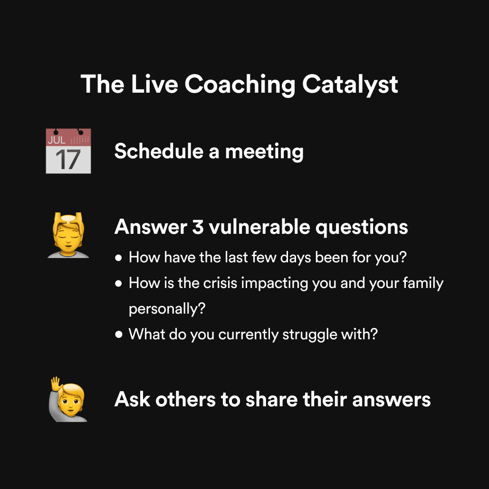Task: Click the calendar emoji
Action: tap(68, 151)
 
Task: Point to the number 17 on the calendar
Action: tap(68, 160)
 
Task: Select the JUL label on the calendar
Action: tap(57, 140)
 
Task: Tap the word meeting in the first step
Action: tap(264, 152)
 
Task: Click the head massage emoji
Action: tap(68, 235)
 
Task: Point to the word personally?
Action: tap(167, 309)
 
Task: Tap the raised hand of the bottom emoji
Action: tap(56, 384)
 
